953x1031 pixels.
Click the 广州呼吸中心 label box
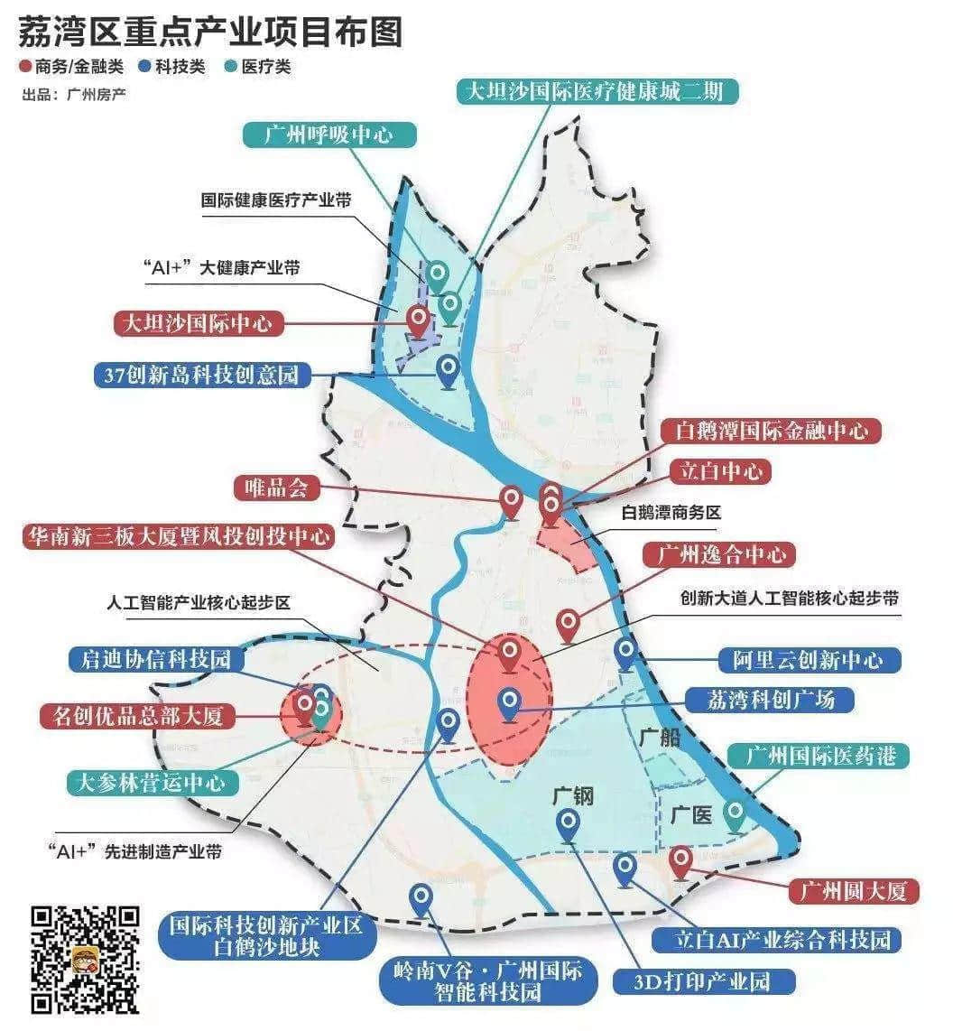click(329, 135)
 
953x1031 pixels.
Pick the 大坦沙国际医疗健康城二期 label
click(596, 90)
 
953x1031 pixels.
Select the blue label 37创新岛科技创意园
click(201, 374)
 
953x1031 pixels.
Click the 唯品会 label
click(277, 488)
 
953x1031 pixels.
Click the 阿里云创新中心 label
click(809, 659)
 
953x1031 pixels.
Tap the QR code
click(86, 959)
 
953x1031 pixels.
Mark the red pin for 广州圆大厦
click(681, 862)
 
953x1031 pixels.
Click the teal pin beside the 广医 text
click(736, 814)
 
